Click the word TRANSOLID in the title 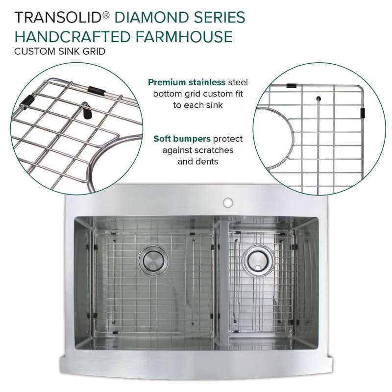[x=58, y=17]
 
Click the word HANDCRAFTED [x=73, y=36]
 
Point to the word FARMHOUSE [x=184, y=36]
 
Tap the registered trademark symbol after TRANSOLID [x=106, y=15]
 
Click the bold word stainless [x=207, y=82]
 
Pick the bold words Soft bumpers [x=182, y=139]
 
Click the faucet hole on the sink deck [x=228, y=202]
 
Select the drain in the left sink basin [x=153, y=261]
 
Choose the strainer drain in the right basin [x=258, y=261]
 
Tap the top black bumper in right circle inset [x=291, y=86]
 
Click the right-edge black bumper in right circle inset [x=363, y=113]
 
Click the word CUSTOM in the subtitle [x=34, y=51]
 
